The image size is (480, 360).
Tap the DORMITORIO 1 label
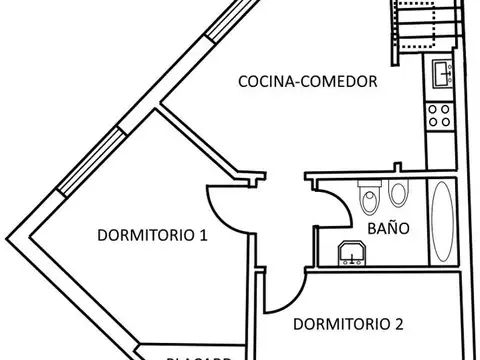point(152,236)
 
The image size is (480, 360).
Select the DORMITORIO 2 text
point(348,323)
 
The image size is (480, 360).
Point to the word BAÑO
point(387,228)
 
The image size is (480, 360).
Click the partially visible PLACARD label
point(200,354)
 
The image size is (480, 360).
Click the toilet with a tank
point(367,197)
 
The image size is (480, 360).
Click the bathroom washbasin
point(351,254)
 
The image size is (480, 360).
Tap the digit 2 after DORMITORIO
point(398,323)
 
